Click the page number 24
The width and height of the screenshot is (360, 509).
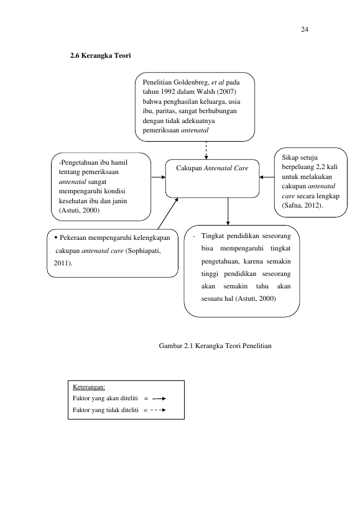pos(305,30)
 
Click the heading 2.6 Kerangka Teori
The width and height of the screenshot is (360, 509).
pos(101,55)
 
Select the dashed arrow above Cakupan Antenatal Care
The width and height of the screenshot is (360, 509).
pos(206,150)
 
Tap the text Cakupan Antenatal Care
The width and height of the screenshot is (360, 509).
pos(212,168)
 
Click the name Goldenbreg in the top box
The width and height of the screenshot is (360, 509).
pos(192,83)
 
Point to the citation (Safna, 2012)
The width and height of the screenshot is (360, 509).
pos(302,206)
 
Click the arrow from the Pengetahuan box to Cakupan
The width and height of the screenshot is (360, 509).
pos(159,177)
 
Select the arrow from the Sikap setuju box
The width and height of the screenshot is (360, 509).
pos(267,177)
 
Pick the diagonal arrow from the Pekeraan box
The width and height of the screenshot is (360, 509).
pos(168,213)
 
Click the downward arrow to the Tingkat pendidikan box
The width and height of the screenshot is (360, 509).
pos(228,211)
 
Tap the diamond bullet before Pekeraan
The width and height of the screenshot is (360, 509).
pos(56,237)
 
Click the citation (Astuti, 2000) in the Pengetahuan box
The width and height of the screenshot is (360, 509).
pos(79,210)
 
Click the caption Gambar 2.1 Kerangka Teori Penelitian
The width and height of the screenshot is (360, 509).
pos(215,346)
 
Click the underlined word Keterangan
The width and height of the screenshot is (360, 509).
pos(89,387)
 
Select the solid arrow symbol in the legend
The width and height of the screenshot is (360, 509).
pos(159,398)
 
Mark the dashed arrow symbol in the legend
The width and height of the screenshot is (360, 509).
pos(159,410)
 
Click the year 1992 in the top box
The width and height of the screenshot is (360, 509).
pos(168,92)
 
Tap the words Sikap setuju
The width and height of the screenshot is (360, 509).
pos(300,158)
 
